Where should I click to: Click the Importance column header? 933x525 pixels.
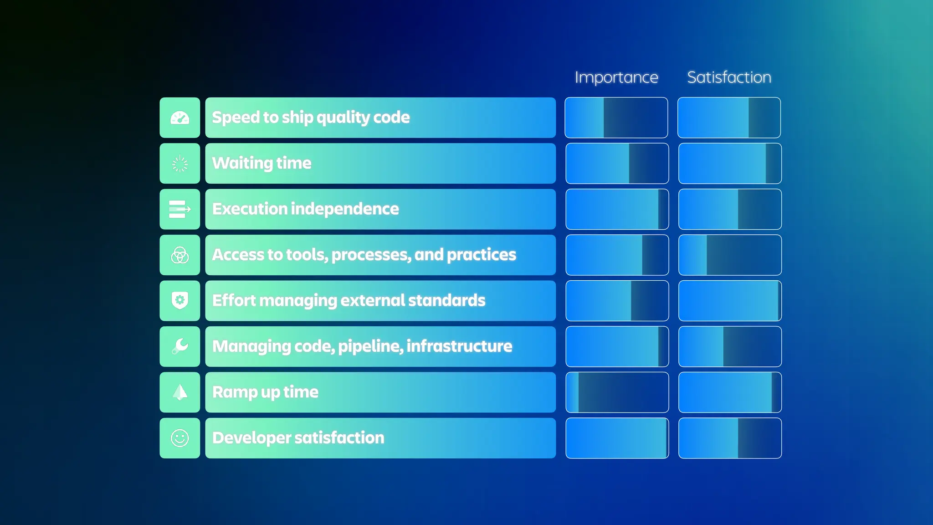(x=616, y=77)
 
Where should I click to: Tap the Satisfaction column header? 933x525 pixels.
(x=729, y=77)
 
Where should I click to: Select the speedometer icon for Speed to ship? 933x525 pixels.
(x=180, y=118)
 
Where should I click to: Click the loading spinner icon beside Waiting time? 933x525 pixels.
(x=180, y=164)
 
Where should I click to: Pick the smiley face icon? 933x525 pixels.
(x=180, y=438)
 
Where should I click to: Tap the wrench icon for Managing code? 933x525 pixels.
(x=180, y=346)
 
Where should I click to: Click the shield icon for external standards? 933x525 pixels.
(x=180, y=301)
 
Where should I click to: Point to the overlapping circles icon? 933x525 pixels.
(x=180, y=255)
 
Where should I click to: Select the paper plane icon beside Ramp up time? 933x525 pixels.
(x=180, y=392)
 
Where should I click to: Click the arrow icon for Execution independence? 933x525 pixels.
(x=180, y=209)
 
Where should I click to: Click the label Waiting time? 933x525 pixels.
(x=261, y=163)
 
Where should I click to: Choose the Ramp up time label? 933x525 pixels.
(x=265, y=392)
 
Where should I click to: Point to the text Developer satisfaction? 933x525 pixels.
(x=298, y=437)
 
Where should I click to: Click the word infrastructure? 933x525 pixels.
(x=459, y=346)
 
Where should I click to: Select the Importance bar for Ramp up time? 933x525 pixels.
(x=617, y=392)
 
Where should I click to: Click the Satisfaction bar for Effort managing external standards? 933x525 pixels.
(x=730, y=301)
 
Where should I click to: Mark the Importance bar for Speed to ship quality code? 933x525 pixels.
(x=616, y=118)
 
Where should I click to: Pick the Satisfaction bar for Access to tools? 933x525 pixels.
(x=730, y=255)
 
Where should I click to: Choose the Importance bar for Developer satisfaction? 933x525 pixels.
(x=617, y=438)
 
